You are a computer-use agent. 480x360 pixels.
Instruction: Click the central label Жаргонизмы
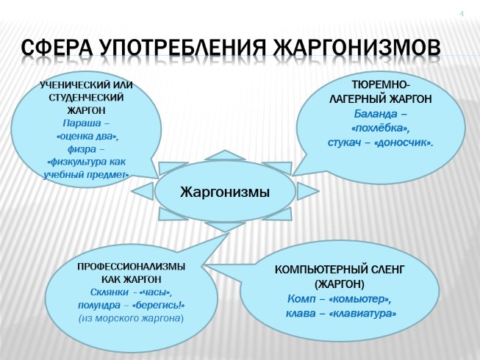(225, 192)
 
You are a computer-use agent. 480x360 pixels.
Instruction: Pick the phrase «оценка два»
(87, 136)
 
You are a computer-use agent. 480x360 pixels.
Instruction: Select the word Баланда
(375, 114)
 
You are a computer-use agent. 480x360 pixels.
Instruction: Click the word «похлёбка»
(380, 128)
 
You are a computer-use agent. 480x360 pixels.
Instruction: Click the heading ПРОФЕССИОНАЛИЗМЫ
(131, 266)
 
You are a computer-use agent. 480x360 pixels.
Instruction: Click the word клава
(301, 314)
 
